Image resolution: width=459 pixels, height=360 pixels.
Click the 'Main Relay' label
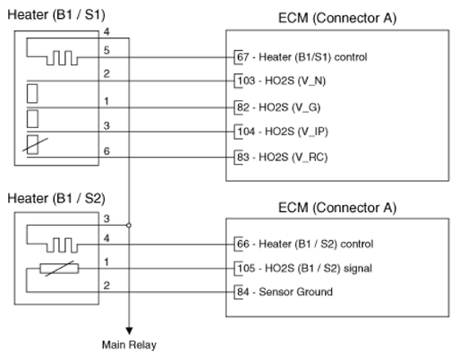tap(129, 345)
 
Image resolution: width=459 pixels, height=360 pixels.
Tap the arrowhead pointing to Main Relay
tap(129, 330)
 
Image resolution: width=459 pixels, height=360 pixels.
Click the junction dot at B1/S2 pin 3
tap(129, 225)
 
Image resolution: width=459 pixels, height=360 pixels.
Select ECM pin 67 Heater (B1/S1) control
tap(302, 56)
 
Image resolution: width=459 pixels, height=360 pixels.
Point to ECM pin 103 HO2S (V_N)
tap(281, 81)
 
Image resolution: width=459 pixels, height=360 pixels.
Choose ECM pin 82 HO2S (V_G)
tap(278, 107)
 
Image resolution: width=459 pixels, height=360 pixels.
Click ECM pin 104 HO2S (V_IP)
tap(283, 132)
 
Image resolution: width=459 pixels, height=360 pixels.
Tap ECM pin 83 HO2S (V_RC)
tap(282, 157)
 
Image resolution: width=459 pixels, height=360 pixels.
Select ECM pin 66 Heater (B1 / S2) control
tap(305, 244)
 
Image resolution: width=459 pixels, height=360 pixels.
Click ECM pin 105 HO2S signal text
tap(304, 268)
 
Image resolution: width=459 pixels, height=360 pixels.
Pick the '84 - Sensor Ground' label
tap(285, 292)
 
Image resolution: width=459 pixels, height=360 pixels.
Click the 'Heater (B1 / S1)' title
tap(56, 14)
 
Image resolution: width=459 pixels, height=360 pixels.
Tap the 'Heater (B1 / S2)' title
tap(56, 199)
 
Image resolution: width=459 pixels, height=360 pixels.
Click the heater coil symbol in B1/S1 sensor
tap(62, 57)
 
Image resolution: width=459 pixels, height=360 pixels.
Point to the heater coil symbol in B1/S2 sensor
tap(62, 244)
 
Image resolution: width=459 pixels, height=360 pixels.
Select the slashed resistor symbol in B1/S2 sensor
tap(59, 269)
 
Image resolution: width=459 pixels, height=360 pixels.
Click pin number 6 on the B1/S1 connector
tap(106, 151)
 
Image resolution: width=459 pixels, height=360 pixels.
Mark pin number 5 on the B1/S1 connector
tap(106, 50)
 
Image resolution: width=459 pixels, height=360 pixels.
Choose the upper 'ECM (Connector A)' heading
tap(337, 18)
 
